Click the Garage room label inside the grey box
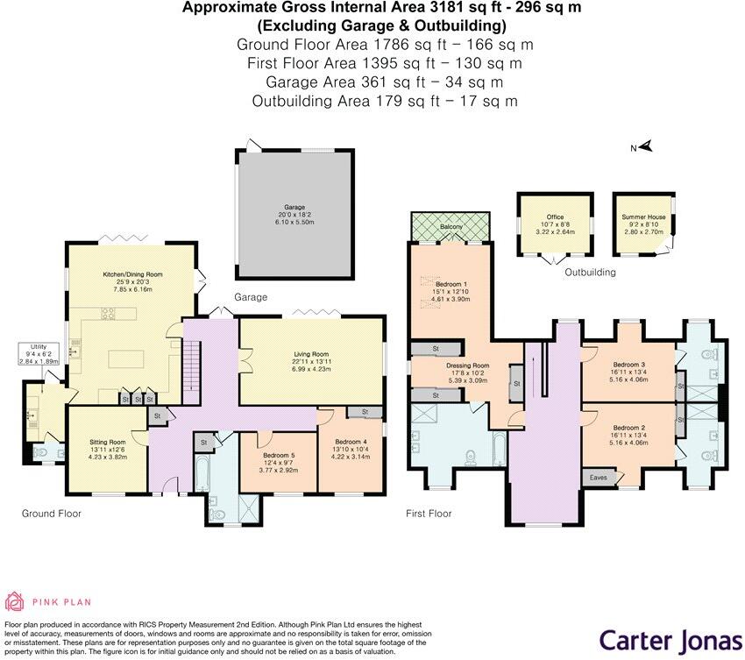coord(294,208)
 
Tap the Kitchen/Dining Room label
coord(127,274)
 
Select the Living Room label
coord(311,353)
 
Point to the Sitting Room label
coord(108,443)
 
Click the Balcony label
coord(451,227)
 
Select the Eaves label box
coord(599,478)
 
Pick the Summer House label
coord(643,216)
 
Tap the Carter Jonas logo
coord(670,638)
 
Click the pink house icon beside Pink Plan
coord(15,601)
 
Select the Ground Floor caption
coord(51,514)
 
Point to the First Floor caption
coord(428,514)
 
